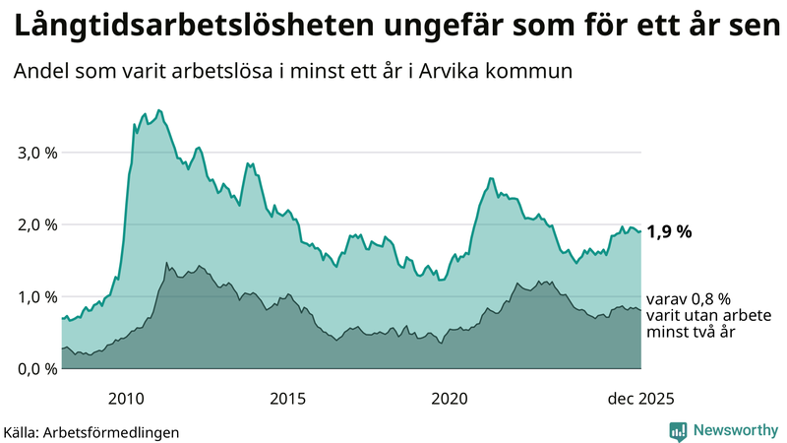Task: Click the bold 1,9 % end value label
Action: [x=669, y=232]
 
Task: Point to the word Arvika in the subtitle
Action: [x=470, y=72]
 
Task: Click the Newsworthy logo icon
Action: [x=678, y=430]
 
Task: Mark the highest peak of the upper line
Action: [x=159, y=110]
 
